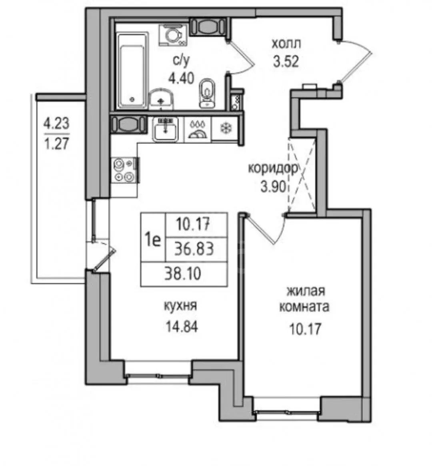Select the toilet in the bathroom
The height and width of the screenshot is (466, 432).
tap(207, 93)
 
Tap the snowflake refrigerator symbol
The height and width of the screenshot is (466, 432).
tap(226, 128)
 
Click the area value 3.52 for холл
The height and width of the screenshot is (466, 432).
tap(286, 62)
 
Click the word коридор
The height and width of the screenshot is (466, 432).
tap(272, 169)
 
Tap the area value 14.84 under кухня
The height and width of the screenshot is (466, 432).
tap(182, 327)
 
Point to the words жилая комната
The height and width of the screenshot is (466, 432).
tap(305, 299)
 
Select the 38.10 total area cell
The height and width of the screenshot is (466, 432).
tap(183, 274)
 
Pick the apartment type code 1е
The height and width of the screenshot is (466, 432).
tap(153, 240)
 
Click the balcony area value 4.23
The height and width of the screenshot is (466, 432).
tap(56, 123)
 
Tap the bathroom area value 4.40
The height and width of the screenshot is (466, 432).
tap(181, 78)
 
